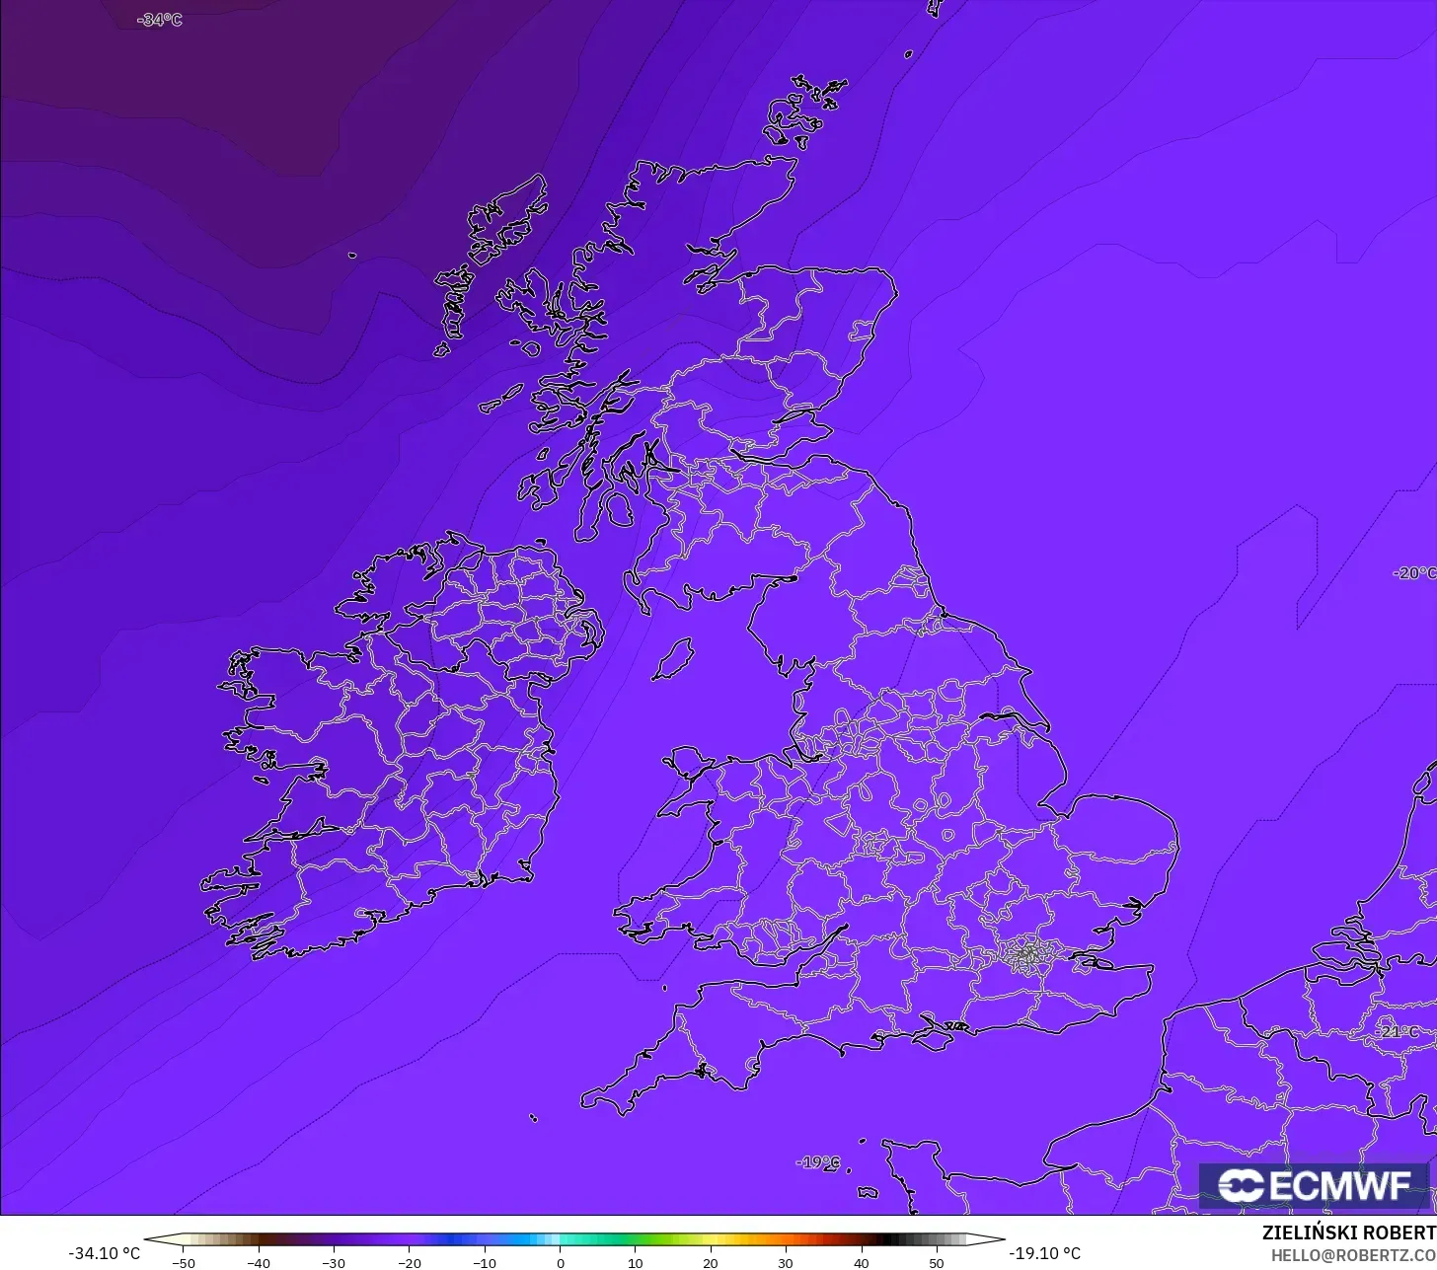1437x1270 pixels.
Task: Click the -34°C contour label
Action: (x=160, y=20)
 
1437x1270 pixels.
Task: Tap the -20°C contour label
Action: (x=1414, y=573)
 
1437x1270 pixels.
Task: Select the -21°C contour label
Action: (x=1398, y=1032)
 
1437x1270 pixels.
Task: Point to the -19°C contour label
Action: (x=818, y=1162)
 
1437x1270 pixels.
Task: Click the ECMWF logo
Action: (x=1314, y=1186)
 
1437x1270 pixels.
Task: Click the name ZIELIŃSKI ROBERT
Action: (x=1348, y=1233)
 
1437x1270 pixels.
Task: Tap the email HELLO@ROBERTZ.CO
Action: (x=1353, y=1255)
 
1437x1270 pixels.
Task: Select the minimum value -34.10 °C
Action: (x=104, y=1253)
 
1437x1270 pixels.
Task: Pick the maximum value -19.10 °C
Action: (x=1044, y=1253)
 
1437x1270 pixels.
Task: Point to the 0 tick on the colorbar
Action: (x=560, y=1263)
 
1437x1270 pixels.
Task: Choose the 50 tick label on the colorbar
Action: (x=937, y=1263)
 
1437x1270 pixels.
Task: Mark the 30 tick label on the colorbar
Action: (x=786, y=1263)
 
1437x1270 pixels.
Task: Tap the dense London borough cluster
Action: (x=1028, y=954)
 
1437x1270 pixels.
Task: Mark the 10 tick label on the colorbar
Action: (x=635, y=1263)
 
